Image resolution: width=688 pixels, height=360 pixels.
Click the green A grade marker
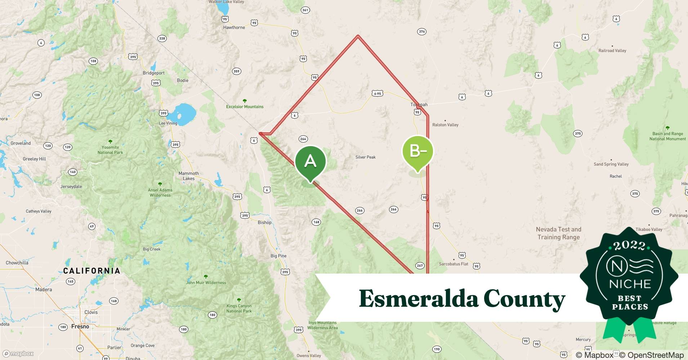[x=310, y=161]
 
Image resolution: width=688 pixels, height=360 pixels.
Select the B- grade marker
[x=417, y=151]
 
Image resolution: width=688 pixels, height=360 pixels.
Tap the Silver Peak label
[x=365, y=157]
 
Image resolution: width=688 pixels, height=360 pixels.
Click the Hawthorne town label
[x=234, y=27]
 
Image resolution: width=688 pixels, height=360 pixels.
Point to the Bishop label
[x=264, y=222]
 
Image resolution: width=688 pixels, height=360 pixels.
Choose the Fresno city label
[x=80, y=327]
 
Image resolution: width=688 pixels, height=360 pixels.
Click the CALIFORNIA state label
[x=91, y=271]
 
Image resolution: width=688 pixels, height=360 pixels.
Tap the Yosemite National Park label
[x=110, y=150]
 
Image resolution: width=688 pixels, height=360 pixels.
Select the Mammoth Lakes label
[x=188, y=176]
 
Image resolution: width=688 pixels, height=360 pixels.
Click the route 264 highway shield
[x=303, y=139]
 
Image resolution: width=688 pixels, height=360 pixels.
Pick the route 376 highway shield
[x=422, y=32]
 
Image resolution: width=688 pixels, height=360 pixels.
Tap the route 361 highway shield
[x=305, y=10]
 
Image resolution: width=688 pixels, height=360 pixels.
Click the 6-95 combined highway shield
[x=377, y=94]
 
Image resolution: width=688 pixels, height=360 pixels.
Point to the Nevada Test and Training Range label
[x=558, y=233]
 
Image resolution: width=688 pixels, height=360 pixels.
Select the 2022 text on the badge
[x=629, y=246]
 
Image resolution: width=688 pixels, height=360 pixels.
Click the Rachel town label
[x=616, y=176]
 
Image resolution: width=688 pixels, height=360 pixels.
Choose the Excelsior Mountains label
[x=245, y=107]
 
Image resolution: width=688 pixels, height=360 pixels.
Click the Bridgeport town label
[x=153, y=73]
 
